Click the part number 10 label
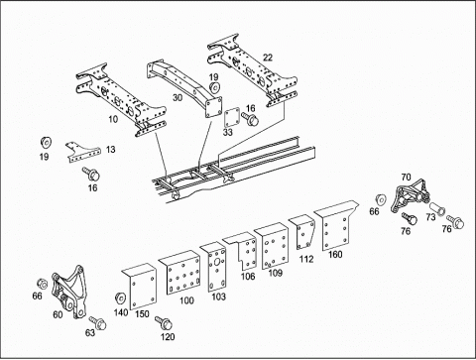click(x=113, y=119)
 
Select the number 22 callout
click(x=268, y=58)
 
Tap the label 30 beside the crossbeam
click(x=178, y=98)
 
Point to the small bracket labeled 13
click(x=82, y=152)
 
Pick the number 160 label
click(x=335, y=255)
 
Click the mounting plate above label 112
click(x=303, y=232)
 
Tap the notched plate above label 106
click(x=243, y=251)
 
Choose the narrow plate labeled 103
click(x=215, y=267)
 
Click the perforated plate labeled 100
click(x=181, y=273)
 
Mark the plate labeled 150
click(x=141, y=287)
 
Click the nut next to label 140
click(x=120, y=298)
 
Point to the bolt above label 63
click(x=97, y=322)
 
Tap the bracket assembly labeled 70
click(x=410, y=196)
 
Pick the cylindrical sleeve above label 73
click(x=437, y=209)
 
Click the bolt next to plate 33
click(x=250, y=119)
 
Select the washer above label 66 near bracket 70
click(x=381, y=200)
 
